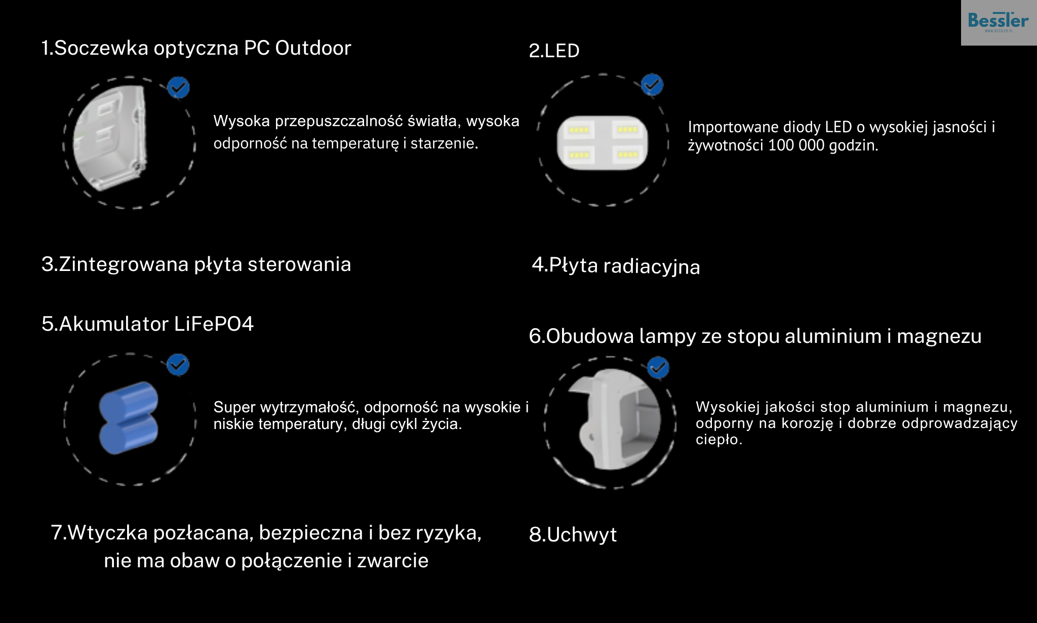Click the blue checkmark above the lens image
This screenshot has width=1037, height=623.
click(x=178, y=88)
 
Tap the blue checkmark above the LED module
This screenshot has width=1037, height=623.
click(x=652, y=85)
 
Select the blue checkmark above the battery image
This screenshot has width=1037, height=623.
click(x=178, y=365)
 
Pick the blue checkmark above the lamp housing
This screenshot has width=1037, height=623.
click(x=658, y=368)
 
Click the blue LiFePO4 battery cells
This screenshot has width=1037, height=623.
click(x=129, y=418)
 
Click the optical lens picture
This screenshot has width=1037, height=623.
click(x=110, y=138)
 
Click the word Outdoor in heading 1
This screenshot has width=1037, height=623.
click(x=313, y=48)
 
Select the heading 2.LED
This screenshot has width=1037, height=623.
click(x=554, y=51)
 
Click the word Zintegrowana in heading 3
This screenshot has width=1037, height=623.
click(x=124, y=265)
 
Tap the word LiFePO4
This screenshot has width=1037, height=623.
click(x=214, y=324)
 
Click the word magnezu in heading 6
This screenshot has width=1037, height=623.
click(x=939, y=336)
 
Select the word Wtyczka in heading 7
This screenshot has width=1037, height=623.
click(x=108, y=533)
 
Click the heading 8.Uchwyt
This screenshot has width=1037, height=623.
click(x=573, y=535)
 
